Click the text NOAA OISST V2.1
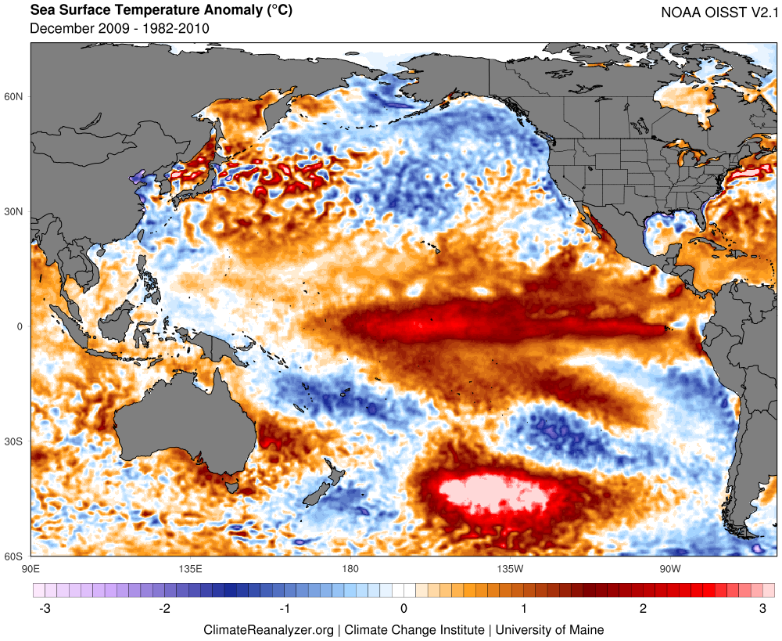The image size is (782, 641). click(x=718, y=12)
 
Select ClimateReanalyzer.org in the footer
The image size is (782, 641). click(x=269, y=629)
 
